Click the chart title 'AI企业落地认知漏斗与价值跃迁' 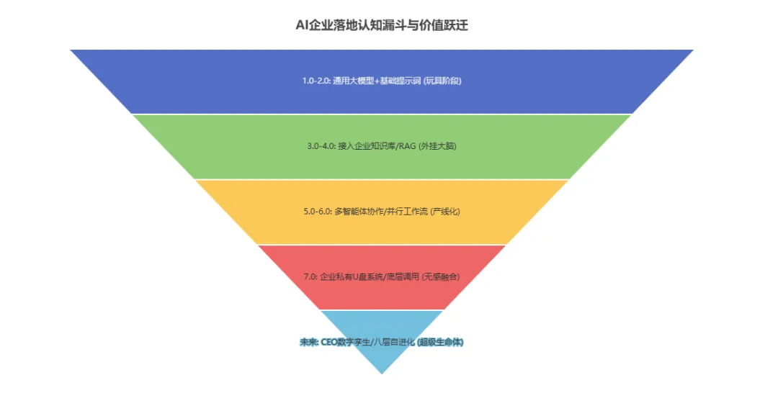tap(382, 25)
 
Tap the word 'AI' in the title tap(302, 25)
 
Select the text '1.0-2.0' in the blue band tap(316, 81)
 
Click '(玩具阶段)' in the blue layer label tap(442, 81)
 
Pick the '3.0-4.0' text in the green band tap(321, 146)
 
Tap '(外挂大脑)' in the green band tap(442, 146)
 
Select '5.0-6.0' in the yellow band tap(318, 212)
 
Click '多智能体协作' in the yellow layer tap(359, 212)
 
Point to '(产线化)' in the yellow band tap(444, 212)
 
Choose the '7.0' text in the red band tap(310, 276)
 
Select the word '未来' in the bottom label tap(308, 343)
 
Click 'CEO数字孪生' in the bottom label tap(345, 343)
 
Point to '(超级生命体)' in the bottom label tap(441, 343)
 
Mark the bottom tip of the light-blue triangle tap(382, 374)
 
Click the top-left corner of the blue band tap(71, 50)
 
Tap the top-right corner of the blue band tap(692, 50)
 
